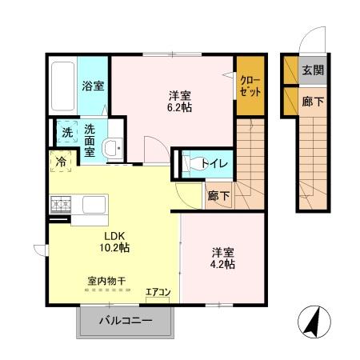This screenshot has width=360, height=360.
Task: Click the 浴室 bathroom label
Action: [93, 86]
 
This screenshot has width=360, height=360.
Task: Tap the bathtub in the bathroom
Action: [62, 87]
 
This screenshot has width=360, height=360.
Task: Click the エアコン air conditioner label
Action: [158, 292]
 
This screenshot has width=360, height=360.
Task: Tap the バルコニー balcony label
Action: [125, 322]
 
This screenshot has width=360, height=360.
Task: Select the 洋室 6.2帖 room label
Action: [178, 101]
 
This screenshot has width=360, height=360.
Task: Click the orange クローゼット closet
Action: [249, 86]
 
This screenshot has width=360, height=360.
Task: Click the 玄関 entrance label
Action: [313, 70]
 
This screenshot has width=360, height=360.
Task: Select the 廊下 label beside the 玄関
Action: [313, 102]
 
